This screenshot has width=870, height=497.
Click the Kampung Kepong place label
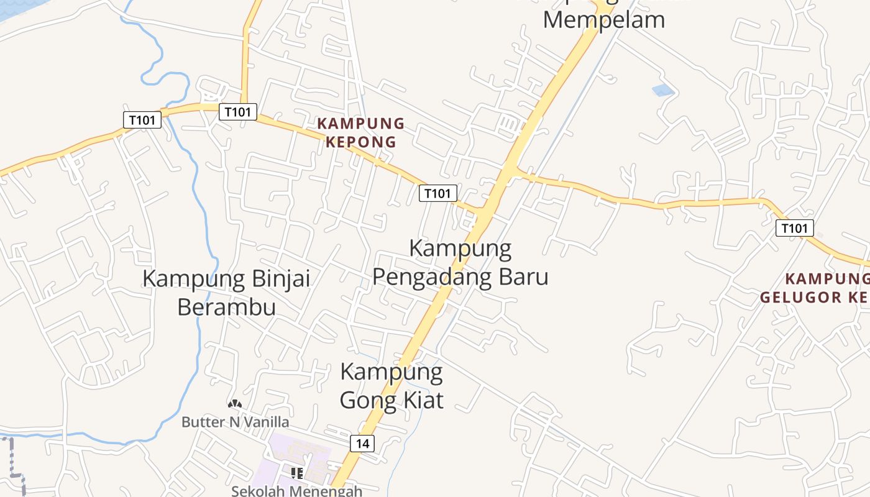click(360, 132)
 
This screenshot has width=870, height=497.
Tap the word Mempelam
click(603, 19)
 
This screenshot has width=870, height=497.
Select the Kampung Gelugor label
click(815, 288)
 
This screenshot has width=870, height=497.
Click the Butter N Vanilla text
click(235, 422)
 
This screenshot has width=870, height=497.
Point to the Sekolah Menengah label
click(296, 491)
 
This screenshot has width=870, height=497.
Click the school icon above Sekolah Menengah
click(297, 473)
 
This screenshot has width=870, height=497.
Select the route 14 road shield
click(362, 444)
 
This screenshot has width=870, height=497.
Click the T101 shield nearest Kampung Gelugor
click(795, 228)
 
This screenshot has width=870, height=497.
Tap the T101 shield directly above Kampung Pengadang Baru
click(438, 193)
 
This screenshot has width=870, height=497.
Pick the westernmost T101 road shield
click(142, 119)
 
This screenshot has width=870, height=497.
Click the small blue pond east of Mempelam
click(663, 90)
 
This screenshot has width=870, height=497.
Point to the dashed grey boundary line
click(12, 460)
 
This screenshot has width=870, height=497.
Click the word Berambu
click(226, 306)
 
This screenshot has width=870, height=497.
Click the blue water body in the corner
click(16, 7)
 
